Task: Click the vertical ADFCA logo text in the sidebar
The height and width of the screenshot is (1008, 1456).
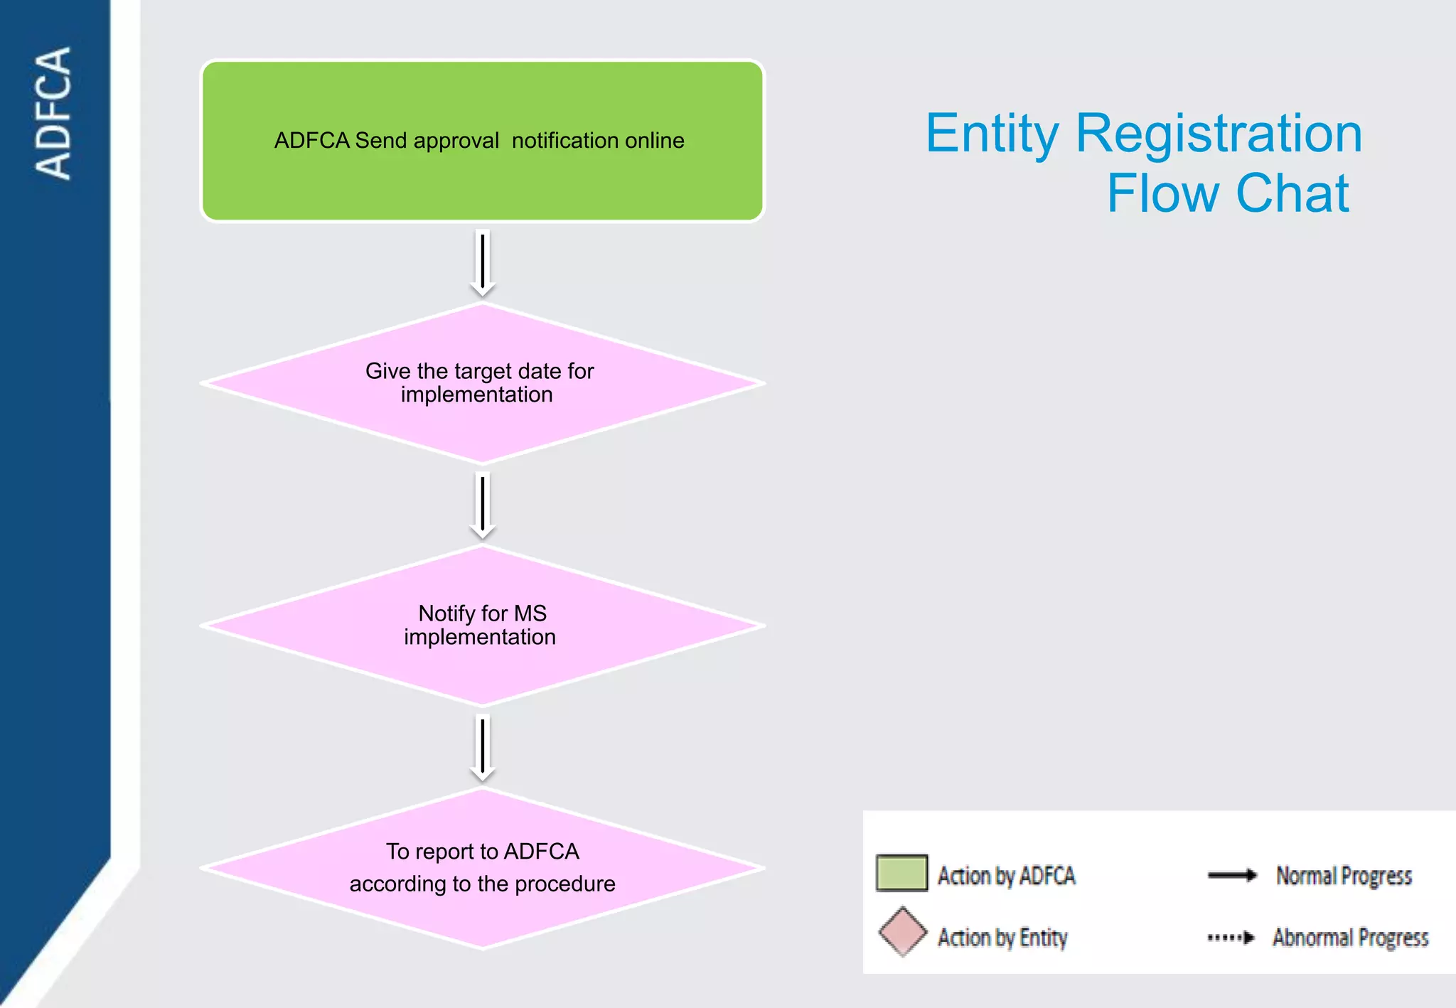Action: click(x=54, y=113)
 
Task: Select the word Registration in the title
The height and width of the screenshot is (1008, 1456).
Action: click(x=1219, y=134)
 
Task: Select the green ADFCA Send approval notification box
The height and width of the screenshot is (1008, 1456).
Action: click(x=482, y=178)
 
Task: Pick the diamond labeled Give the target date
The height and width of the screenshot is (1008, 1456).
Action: click(x=482, y=419)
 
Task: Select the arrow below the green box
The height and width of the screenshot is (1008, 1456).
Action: click(x=483, y=263)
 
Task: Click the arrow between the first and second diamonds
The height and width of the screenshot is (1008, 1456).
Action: click(x=483, y=506)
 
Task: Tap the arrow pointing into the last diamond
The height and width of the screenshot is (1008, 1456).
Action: click(x=483, y=749)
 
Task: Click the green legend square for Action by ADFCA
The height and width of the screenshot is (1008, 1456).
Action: click(x=901, y=874)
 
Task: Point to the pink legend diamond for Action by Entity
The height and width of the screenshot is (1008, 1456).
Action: click(x=902, y=932)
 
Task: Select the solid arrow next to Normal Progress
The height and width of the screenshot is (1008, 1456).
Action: click(x=1232, y=875)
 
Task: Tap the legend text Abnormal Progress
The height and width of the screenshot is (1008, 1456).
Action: click(x=1350, y=938)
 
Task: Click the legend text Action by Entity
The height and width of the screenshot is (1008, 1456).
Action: click(x=1002, y=938)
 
